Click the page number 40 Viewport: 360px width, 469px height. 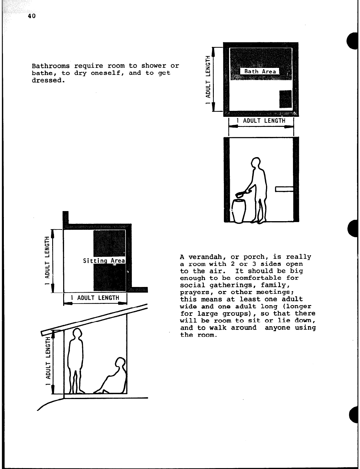point(31,16)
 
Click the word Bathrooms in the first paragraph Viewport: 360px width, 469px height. point(51,66)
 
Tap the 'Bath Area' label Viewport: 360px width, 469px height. point(260,71)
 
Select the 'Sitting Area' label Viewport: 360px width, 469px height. point(104,261)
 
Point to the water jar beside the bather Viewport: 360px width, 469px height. point(238,210)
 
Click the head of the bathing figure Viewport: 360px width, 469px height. point(256,162)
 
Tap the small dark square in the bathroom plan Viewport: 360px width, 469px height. point(286,99)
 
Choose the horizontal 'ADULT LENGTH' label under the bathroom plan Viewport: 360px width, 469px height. point(261,121)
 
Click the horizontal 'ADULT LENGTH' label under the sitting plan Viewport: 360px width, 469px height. point(95,298)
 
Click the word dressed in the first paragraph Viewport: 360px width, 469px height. point(47,81)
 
